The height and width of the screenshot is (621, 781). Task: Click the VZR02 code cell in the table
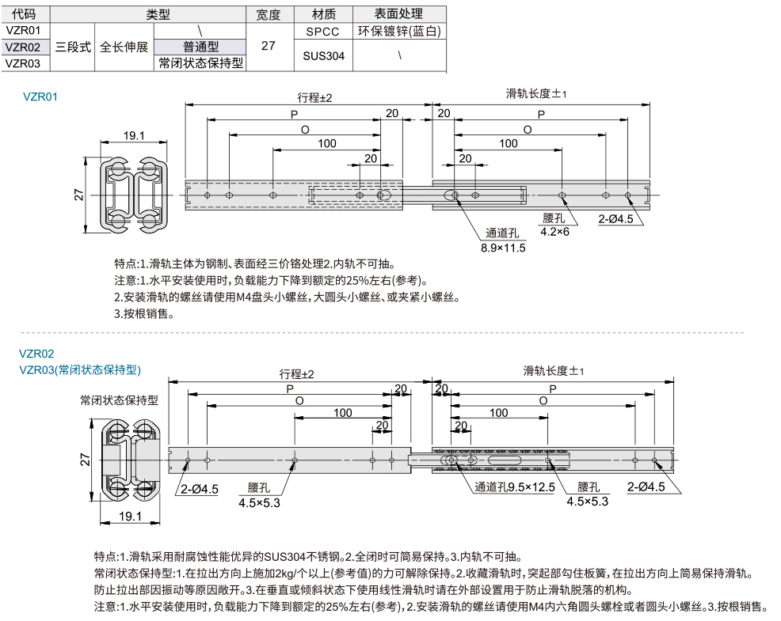point(23,47)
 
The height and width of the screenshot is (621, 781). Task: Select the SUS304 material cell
point(323,56)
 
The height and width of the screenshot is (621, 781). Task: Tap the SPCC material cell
point(323,32)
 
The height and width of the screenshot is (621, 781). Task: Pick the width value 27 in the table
point(269,46)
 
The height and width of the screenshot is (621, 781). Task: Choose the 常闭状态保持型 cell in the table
point(200,63)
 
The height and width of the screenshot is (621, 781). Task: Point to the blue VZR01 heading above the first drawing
point(41,97)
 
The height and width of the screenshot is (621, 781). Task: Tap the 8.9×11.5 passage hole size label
point(503,248)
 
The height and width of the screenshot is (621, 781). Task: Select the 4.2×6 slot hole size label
point(554,231)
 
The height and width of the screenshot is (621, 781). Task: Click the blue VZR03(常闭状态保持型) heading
point(79,369)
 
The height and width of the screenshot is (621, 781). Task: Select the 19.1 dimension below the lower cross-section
point(128,516)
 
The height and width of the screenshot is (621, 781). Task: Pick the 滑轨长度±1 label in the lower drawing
point(553,371)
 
